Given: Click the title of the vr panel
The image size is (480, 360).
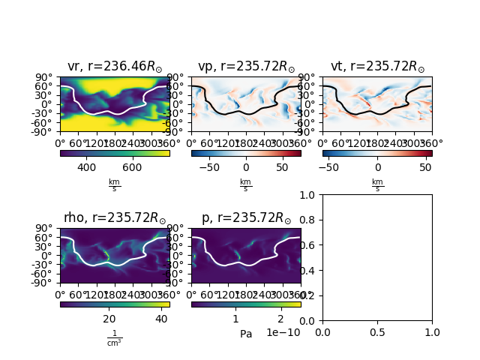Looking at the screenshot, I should [114, 66].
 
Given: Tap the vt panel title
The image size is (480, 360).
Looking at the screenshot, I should [377, 66].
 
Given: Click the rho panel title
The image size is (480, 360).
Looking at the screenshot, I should [114, 218].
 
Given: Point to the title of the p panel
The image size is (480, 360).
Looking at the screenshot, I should [246, 218].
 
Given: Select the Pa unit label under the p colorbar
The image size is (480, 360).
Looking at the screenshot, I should [246, 333].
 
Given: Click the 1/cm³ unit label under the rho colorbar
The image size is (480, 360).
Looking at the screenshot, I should [114, 338].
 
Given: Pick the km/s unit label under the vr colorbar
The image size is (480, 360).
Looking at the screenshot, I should [114, 184].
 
